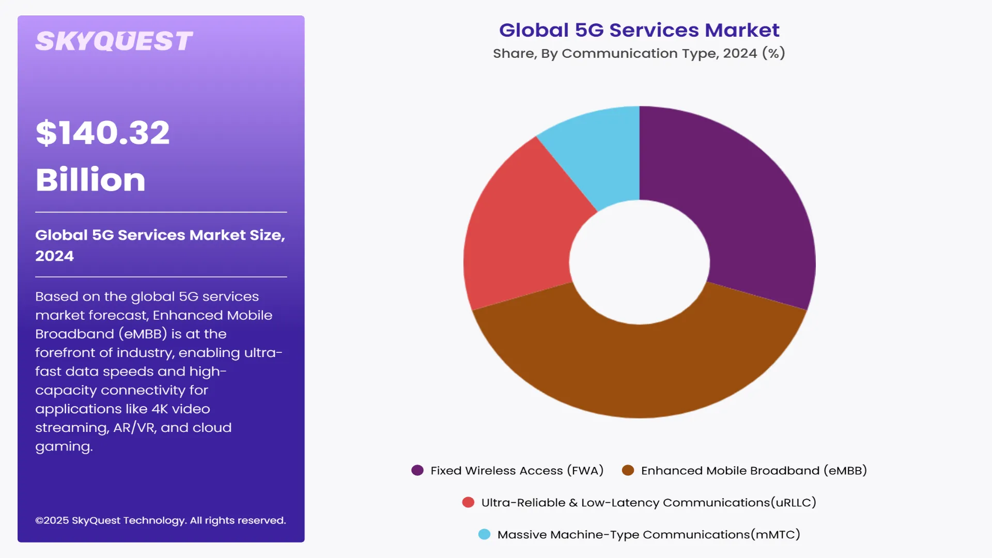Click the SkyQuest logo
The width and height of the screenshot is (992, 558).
tap(114, 41)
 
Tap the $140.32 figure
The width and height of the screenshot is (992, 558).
tap(102, 133)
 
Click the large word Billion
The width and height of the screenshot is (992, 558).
tap(90, 180)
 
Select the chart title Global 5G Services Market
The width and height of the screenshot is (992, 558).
tap(639, 30)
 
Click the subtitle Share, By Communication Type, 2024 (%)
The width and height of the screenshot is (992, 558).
tap(639, 53)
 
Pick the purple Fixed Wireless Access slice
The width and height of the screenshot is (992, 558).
tap(744, 207)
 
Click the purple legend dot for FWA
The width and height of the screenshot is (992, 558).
tap(417, 470)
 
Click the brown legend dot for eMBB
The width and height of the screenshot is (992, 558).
tap(628, 470)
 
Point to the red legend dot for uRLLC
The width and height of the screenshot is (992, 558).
tap(468, 502)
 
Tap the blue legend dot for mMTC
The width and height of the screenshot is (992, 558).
tap(484, 534)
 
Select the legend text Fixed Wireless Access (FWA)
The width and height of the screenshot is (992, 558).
tap(517, 471)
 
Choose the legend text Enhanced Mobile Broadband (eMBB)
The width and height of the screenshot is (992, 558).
tap(753, 471)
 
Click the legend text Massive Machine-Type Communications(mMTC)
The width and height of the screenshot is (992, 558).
tap(648, 535)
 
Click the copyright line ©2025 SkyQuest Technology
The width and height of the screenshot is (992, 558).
tap(160, 520)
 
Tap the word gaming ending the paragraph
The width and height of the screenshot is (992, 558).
tap(63, 447)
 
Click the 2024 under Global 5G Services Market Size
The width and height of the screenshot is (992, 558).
tap(54, 256)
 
